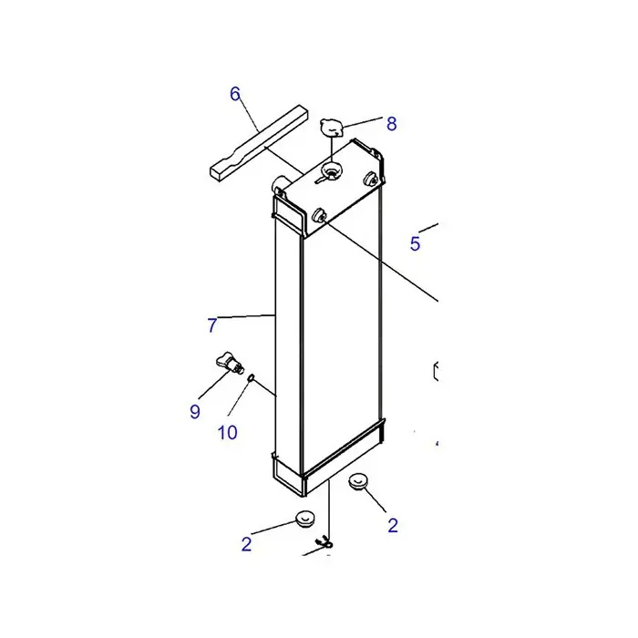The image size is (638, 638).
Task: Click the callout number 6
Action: pyautogui.click(x=235, y=94)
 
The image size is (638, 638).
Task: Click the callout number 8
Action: pyautogui.click(x=391, y=124)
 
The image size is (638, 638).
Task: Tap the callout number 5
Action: pyautogui.click(x=415, y=243)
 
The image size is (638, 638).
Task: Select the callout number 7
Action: pyautogui.click(x=212, y=325)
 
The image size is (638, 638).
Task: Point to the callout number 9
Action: pyautogui.click(x=195, y=411)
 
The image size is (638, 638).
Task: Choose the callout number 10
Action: pyautogui.click(x=228, y=433)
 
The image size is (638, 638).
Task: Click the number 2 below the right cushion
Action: pyautogui.click(x=393, y=525)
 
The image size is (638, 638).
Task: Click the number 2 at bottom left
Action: pyautogui.click(x=246, y=544)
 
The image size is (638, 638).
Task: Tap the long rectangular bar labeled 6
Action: pyautogui.click(x=259, y=142)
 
